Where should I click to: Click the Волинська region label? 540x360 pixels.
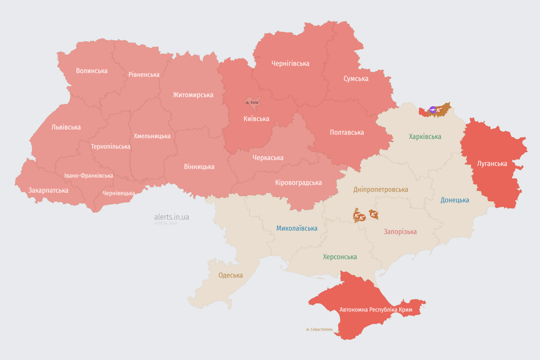pyautogui.click(x=91, y=71)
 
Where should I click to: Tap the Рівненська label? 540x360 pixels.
pyautogui.click(x=144, y=75)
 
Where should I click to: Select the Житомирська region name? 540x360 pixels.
pyautogui.click(x=193, y=95)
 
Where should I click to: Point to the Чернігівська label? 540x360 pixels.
pyautogui.click(x=290, y=63)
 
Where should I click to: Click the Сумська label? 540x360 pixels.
pyautogui.click(x=356, y=78)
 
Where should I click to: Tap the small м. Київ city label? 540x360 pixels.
pyautogui.click(x=252, y=102)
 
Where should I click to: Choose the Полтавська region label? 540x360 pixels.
pyautogui.click(x=346, y=132)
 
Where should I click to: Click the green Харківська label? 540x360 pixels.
pyautogui.click(x=425, y=136)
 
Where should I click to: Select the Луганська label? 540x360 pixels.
pyautogui.click(x=492, y=164)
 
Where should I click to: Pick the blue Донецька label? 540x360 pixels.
pyautogui.click(x=454, y=200)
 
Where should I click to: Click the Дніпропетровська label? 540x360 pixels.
pyautogui.click(x=380, y=189)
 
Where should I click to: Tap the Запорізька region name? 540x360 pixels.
pyautogui.click(x=400, y=232)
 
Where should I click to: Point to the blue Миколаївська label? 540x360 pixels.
pyautogui.click(x=296, y=228)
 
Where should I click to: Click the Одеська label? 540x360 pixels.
pyautogui.click(x=231, y=275)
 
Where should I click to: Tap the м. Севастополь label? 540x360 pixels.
pyautogui.click(x=319, y=329)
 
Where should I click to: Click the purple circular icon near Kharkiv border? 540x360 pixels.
pyautogui.click(x=433, y=110)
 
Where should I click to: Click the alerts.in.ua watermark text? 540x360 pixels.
pyautogui.click(x=172, y=217)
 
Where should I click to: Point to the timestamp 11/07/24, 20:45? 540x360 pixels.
pyautogui.click(x=166, y=224)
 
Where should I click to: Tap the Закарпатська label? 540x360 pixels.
pyautogui.click(x=48, y=190)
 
